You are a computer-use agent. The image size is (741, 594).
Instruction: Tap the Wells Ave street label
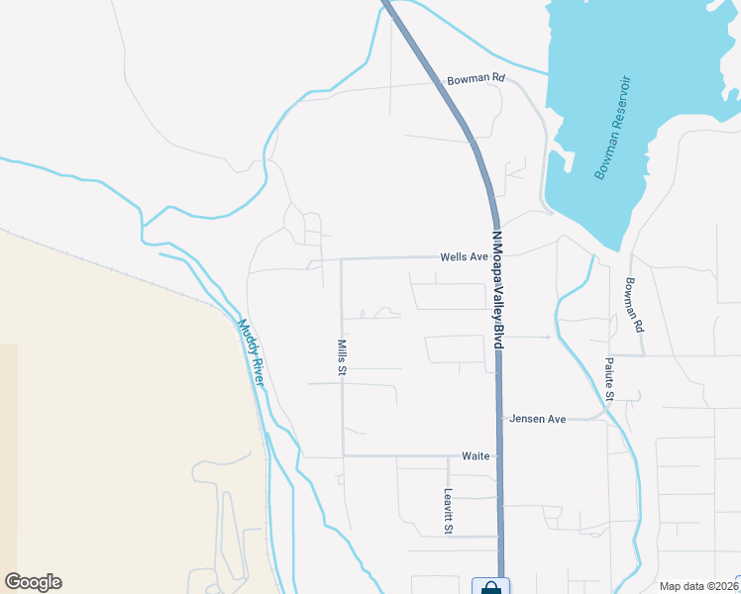465,256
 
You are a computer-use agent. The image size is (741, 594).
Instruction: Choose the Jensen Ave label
537,419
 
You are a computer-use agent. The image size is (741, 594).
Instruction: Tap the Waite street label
476,456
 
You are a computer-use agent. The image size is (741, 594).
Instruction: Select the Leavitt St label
448,512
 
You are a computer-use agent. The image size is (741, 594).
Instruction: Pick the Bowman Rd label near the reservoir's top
476,78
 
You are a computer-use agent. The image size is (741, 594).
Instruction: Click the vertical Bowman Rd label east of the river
634,304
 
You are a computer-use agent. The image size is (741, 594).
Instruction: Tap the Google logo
33,582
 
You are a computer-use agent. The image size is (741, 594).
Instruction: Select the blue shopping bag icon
490,587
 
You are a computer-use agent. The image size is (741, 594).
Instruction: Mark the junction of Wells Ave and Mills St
342,259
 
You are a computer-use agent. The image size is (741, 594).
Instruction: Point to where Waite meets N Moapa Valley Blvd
499,456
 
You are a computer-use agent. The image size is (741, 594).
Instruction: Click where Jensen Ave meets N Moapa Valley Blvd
499,419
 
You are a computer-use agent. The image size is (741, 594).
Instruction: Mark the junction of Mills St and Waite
343,456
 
